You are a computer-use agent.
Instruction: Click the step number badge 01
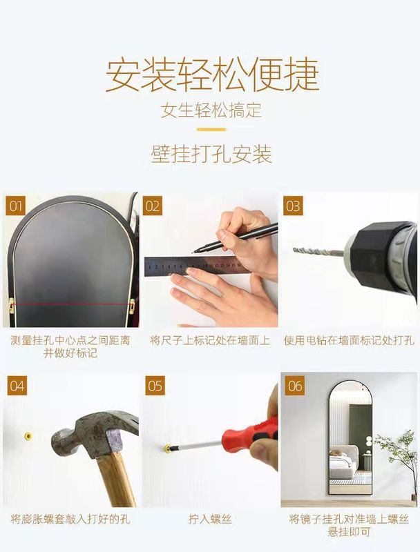coord(15,206)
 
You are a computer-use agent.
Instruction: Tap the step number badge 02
coord(153,206)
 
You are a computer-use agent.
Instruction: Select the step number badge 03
coord(293,206)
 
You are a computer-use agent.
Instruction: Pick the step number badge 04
coord(17,386)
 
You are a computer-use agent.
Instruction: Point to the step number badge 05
coord(155,386)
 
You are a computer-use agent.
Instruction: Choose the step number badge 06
coord(294,386)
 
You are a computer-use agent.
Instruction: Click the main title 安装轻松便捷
coord(213,75)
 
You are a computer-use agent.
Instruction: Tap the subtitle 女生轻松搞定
coord(211,110)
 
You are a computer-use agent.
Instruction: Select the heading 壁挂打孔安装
coord(211,154)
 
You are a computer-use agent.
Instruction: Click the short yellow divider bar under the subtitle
coord(211,130)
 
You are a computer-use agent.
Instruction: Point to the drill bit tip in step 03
coord(294,250)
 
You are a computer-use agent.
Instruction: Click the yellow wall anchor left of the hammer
coord(28,437)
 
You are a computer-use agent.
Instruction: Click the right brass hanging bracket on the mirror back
coord(132,306)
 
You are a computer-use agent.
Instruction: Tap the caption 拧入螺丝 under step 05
coord(210,519)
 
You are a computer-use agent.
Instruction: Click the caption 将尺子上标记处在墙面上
coord(210,340)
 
